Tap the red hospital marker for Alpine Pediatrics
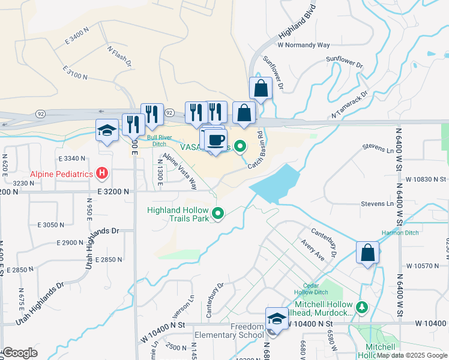pyautogui.click(x=103, y=174)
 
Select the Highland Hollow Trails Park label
pyautogui.click(x=179, y=214)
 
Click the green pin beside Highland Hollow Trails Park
pyautogui.click(x=218, y=213)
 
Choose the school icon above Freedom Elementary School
pyautogui.click(x=277, y=319)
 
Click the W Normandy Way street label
pyautogui.click(x=304, y=45)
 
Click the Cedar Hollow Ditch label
pyautogui.click(x=310, y=288)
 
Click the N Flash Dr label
pyautogui.click(x=119, y=56)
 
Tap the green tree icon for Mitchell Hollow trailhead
pyautogui.click(x=361, y=308)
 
